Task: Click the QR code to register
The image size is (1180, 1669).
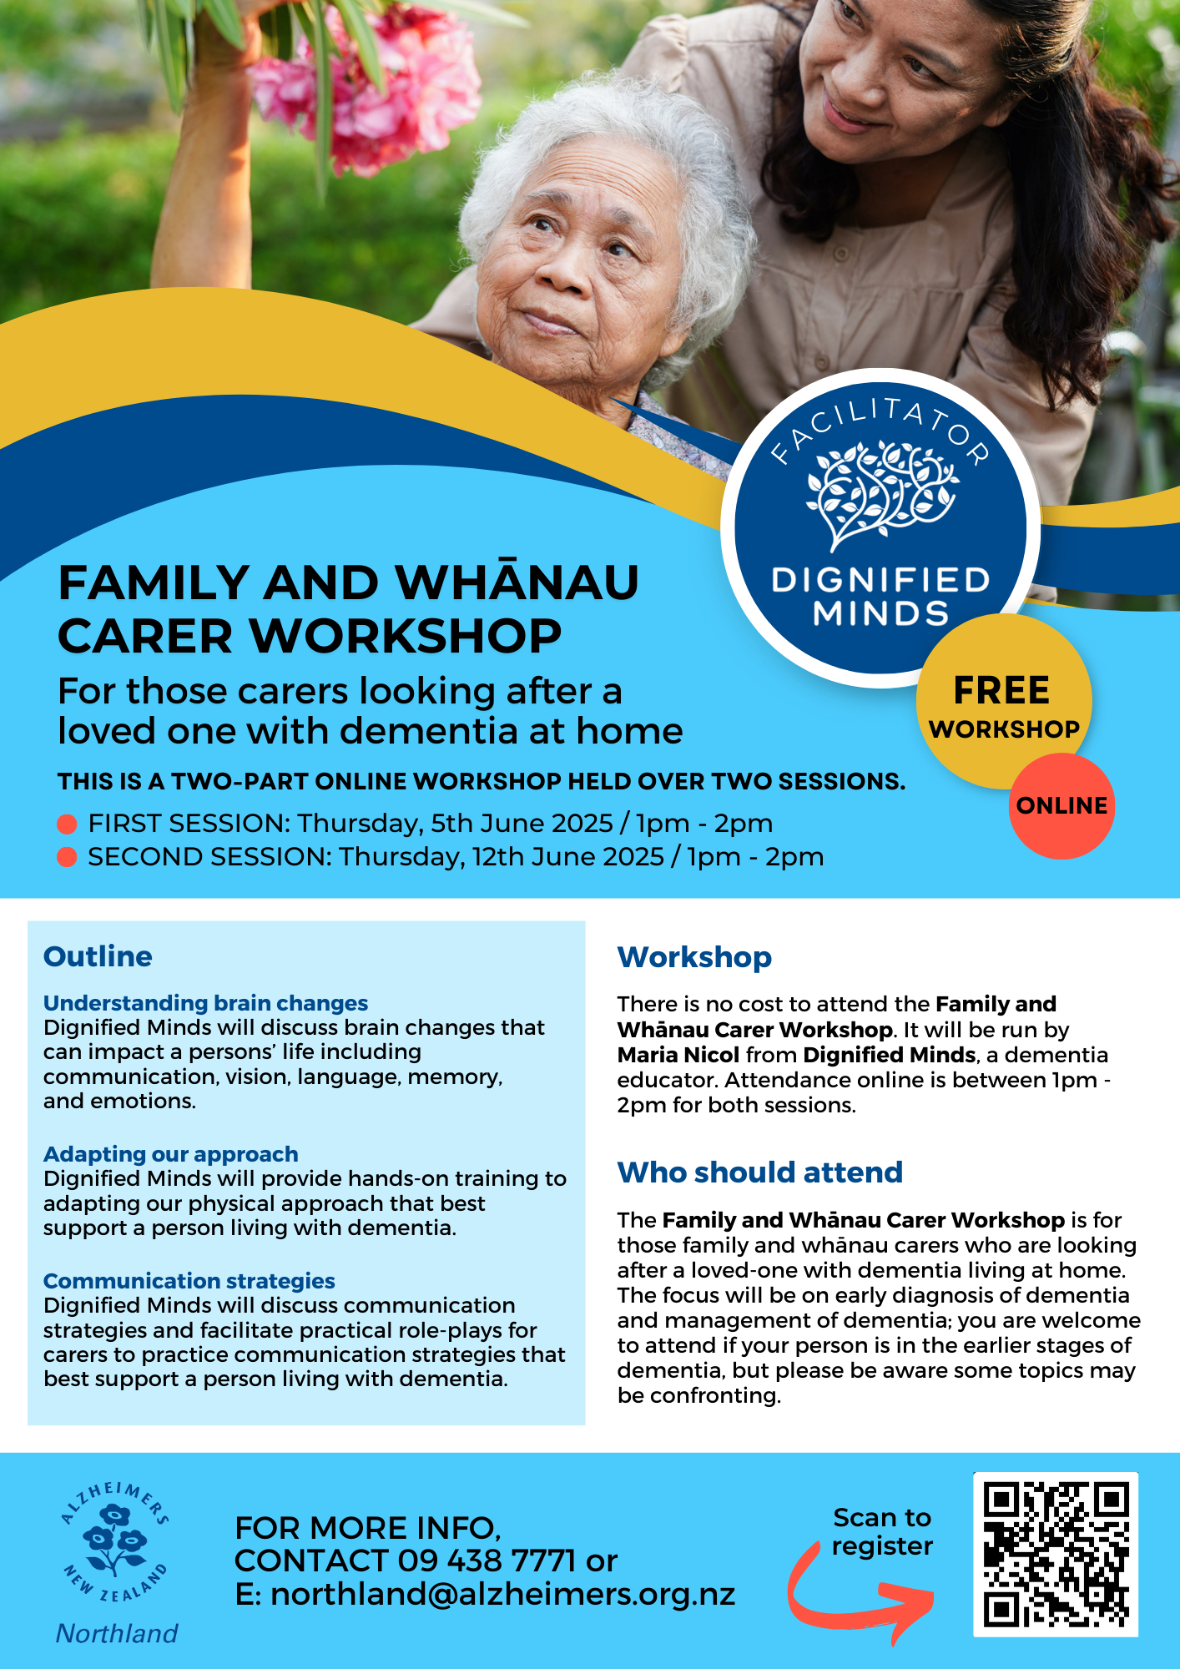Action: point(1056,1554)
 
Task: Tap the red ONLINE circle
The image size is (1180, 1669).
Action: point(1061,805)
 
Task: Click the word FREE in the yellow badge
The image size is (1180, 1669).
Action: point(1001,691)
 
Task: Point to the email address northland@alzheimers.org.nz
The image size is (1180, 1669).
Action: point(503,1594)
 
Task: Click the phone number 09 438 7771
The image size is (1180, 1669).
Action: point(487,1561)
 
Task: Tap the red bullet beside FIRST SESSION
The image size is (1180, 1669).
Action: point(67,824)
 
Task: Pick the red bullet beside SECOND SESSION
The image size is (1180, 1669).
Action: point(67,857)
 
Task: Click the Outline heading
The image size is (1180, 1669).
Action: point(98,956)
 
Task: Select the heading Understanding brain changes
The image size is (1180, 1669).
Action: point(205,1003)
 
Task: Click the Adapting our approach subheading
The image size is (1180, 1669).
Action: point(170,1154)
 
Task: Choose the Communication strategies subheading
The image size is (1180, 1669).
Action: point(189,1281)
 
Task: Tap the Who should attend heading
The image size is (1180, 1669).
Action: point(759,1172)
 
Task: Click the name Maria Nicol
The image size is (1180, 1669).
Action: point(678,1055)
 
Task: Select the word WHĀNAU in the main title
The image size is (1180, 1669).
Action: point(517,582)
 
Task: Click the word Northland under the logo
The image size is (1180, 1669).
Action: point(117,1633)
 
